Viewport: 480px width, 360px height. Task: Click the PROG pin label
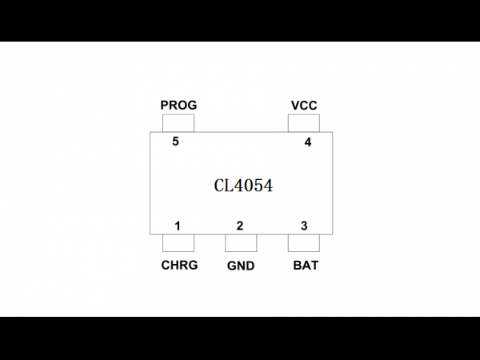(178, 106)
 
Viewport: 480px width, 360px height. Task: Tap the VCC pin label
(304, 106)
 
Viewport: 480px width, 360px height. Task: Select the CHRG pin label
(180, 265)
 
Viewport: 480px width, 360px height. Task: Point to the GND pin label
(241, 266)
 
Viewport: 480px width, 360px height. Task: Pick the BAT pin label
(306, 266)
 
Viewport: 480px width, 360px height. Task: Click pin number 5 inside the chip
(175, 142)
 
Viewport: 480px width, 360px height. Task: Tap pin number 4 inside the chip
(308, 142)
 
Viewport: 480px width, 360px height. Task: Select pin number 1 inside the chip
(178, 226)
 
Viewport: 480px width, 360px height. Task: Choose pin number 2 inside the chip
(240, 226)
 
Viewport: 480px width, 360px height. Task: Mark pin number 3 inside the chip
(304, 226)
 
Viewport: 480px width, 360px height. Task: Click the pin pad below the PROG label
(178, 123)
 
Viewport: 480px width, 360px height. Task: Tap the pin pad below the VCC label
(304, 123)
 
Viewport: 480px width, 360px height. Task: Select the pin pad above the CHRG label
(178, 243)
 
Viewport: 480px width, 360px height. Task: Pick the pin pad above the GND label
(241, 243)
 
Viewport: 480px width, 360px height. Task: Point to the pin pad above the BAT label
(304, 243)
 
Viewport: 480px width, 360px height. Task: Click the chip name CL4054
(243, 186)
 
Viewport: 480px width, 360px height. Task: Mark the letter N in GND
(242, 266)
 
